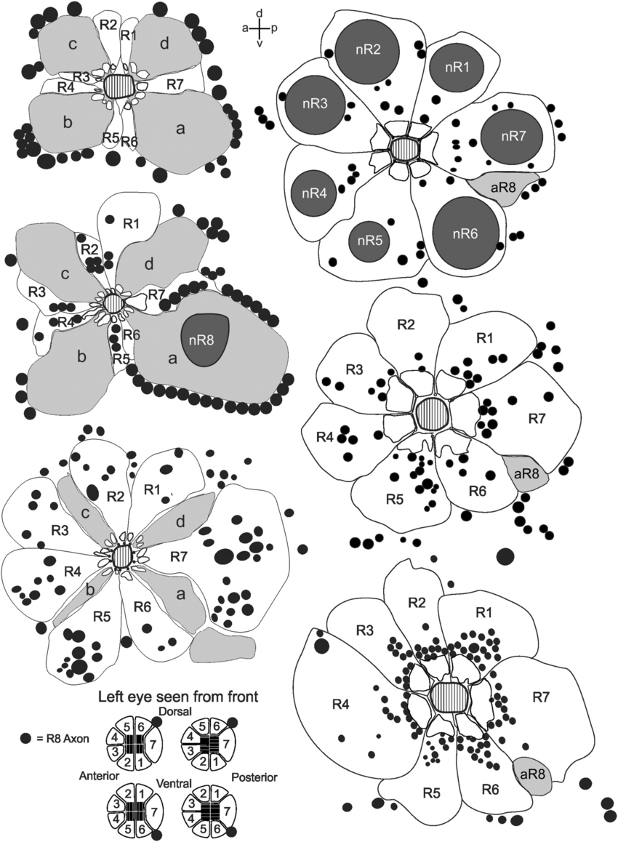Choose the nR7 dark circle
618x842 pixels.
click(x=511, y=137)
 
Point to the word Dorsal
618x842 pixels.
click(x=179, y=712)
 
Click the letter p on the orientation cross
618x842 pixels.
click(x=273, y=28)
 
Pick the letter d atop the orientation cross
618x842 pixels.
click(x=260, y=14)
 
